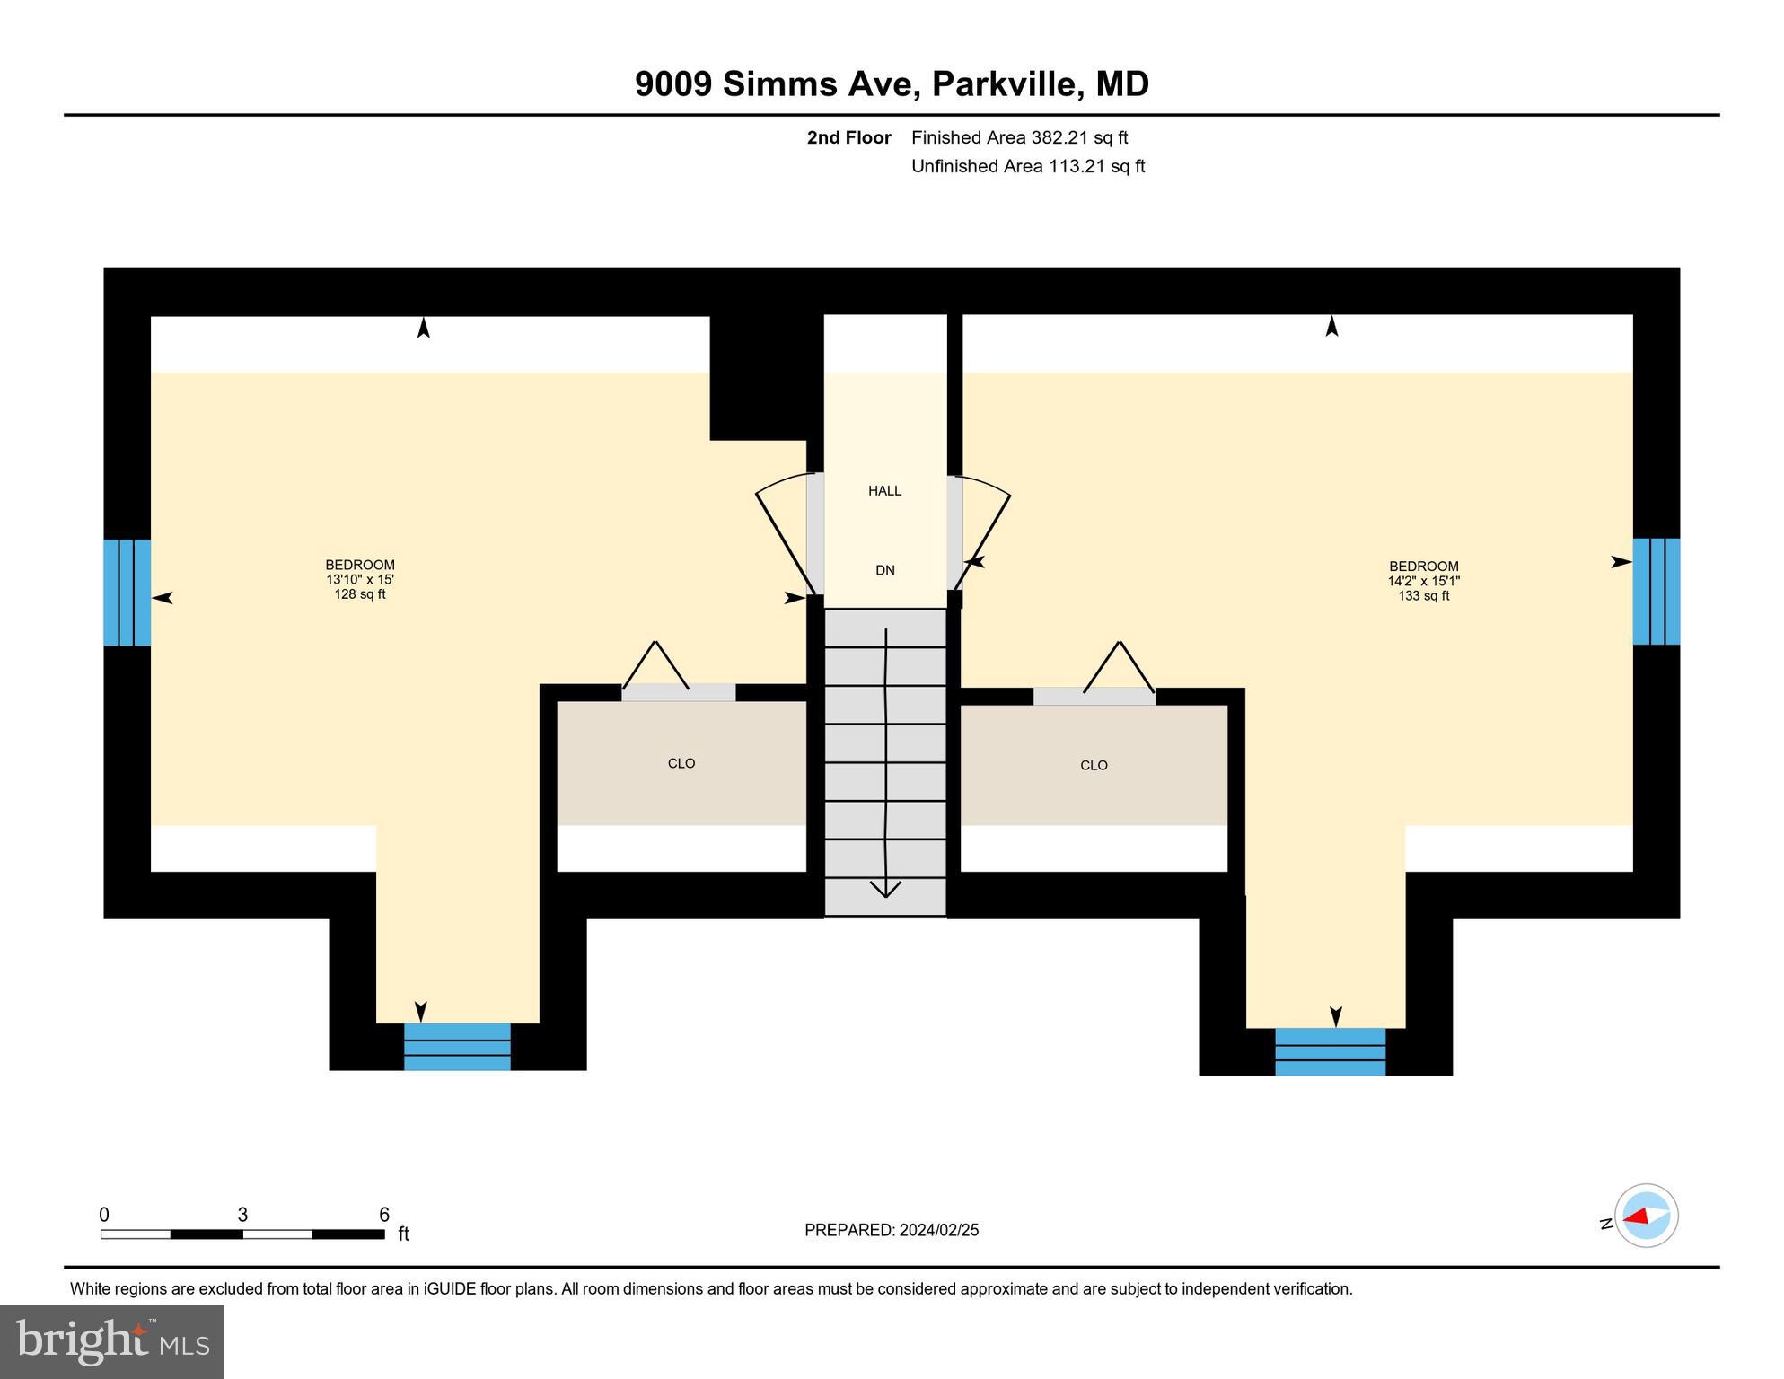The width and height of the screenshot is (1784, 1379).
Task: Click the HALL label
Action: (884, 490)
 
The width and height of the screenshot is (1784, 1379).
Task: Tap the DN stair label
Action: (885, 570)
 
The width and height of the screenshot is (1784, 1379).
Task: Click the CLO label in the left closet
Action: (681, 763)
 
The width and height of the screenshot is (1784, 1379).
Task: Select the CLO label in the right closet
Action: (1094, 765)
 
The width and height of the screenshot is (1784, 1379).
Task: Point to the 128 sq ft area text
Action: (360, 594)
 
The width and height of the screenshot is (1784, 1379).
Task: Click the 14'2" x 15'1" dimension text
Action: (1423, 581)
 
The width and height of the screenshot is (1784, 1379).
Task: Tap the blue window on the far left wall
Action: (127, 593)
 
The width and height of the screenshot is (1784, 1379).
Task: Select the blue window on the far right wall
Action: (1656, 591)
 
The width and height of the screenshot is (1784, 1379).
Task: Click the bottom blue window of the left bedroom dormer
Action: (457, 1046)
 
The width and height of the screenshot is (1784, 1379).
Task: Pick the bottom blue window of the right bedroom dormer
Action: (1330, 1050)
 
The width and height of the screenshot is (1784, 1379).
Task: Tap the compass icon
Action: (1646, 1216)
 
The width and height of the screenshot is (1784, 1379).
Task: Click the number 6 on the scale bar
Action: (384, 1215)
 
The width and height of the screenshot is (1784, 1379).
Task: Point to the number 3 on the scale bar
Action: (242, 1215)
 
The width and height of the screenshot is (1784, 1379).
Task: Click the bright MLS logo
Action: (112, 1341)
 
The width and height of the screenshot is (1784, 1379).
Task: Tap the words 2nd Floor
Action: (848, 137)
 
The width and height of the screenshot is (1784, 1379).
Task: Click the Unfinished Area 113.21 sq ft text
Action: (1027, 166)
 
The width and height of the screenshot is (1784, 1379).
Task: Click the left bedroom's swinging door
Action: (786, 539)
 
